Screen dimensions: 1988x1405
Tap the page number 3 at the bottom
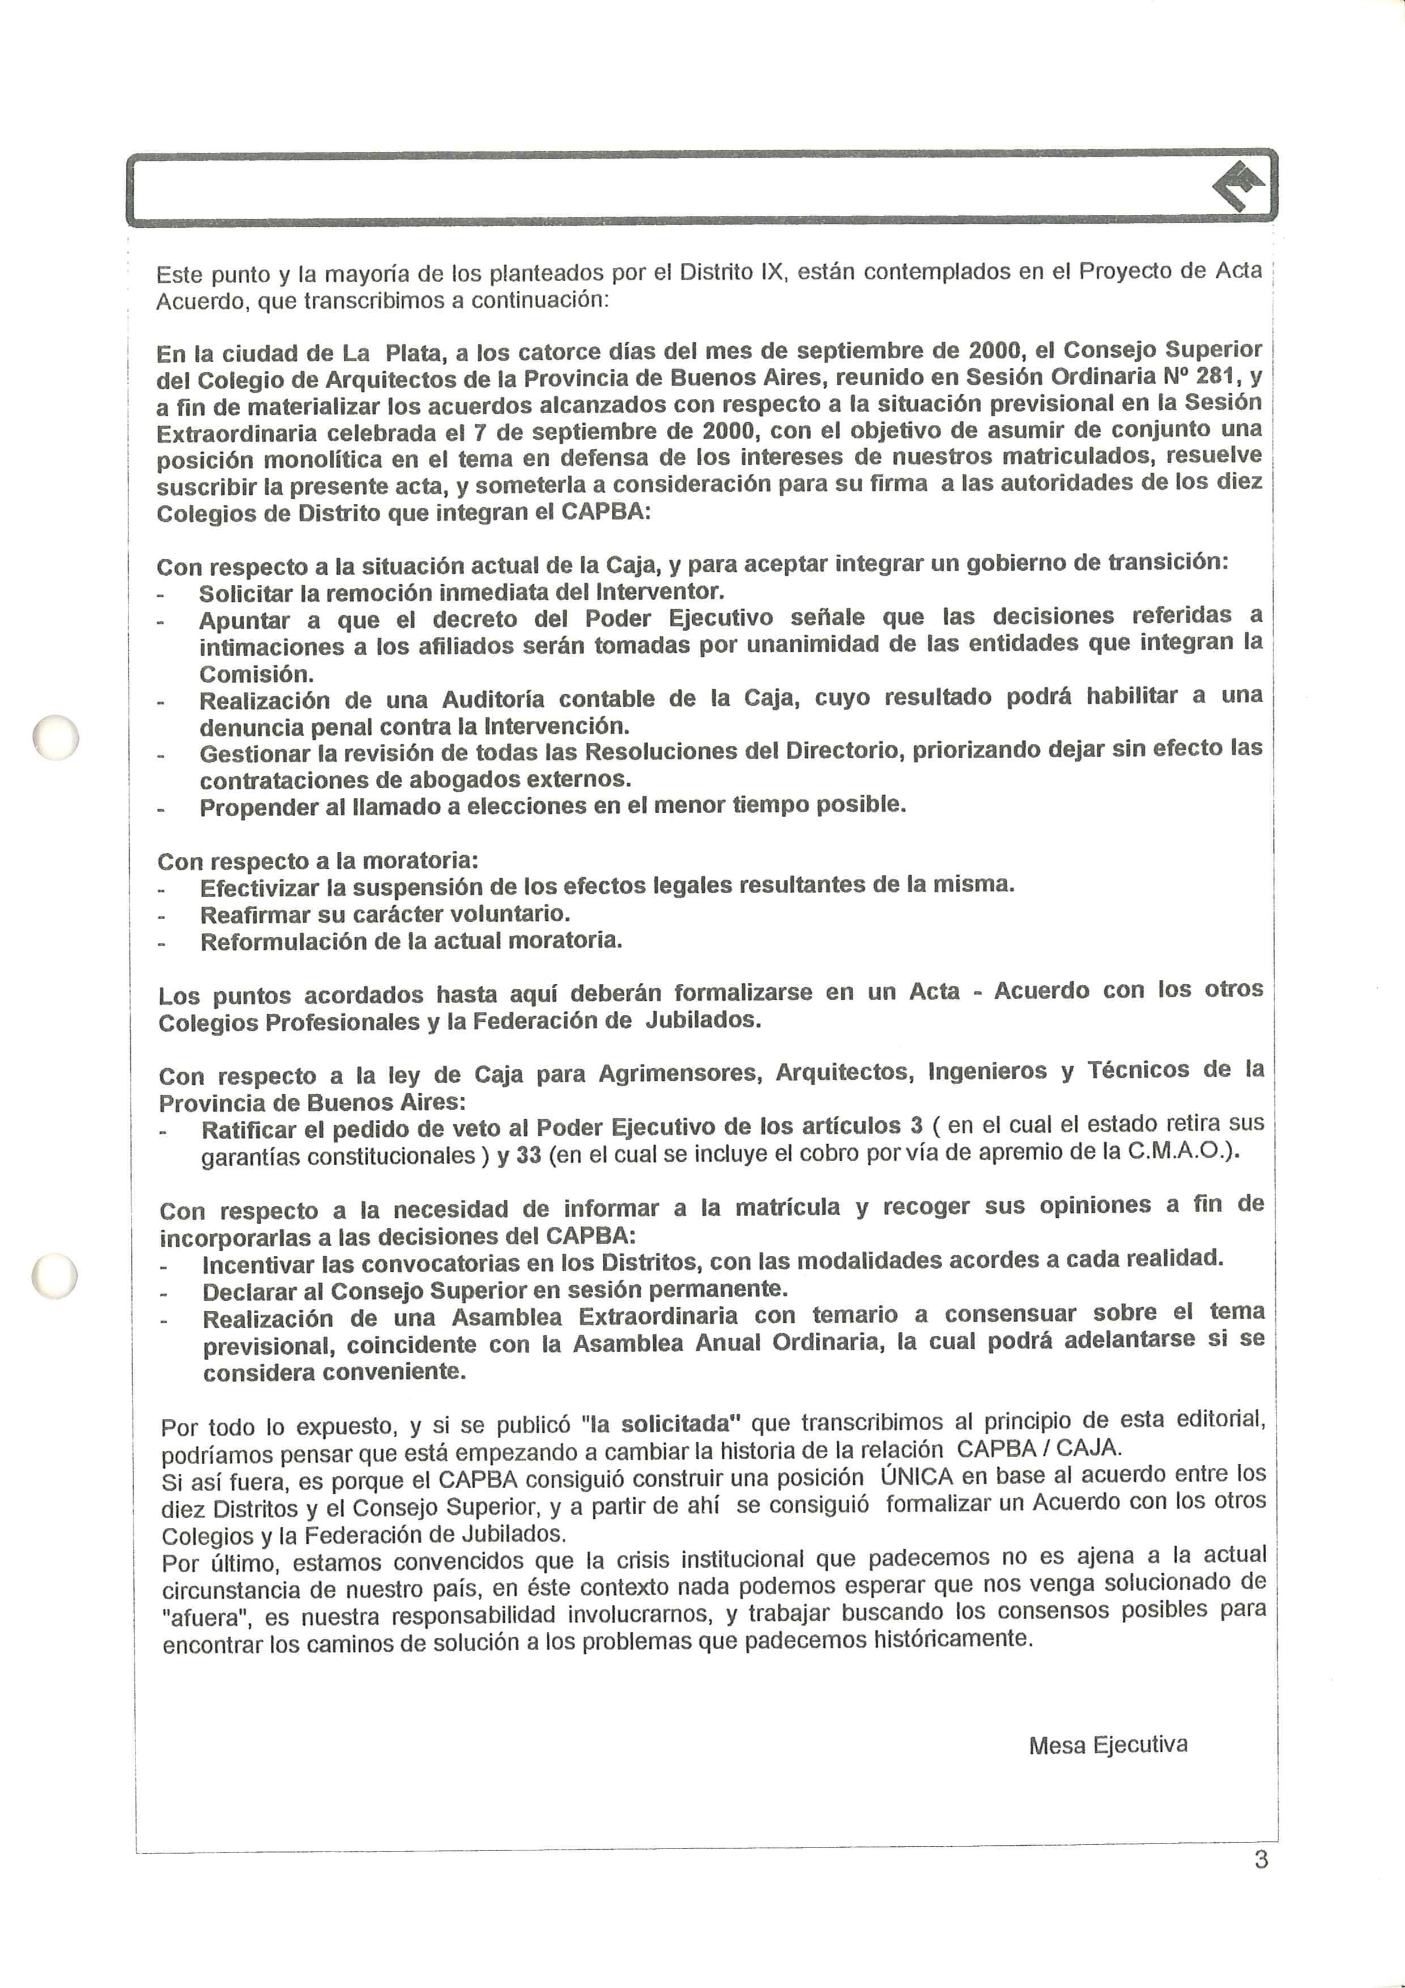[1261, 1859]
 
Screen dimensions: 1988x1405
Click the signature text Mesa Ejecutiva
[1108, 1744]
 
